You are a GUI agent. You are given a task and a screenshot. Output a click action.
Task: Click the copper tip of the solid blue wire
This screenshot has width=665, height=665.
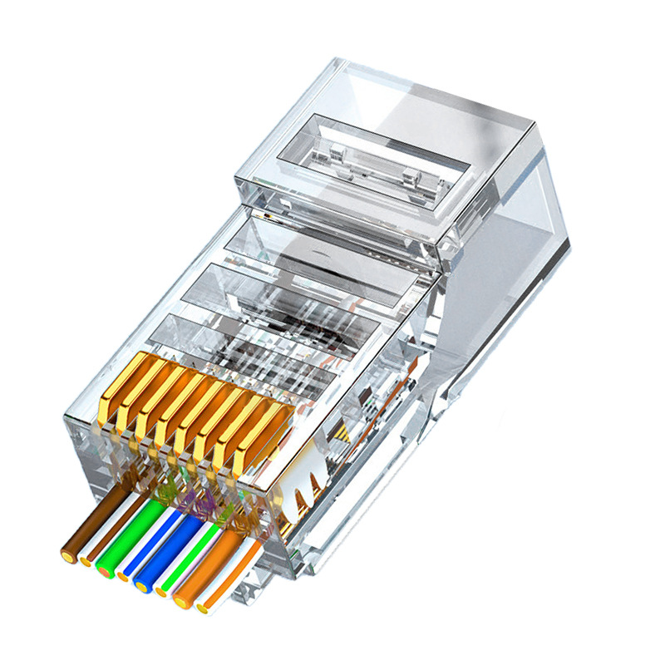pyautogui.click(x=144, y=587)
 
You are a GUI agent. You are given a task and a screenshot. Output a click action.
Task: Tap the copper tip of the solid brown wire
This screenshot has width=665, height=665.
pyautogui.click(x=67, y=552)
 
